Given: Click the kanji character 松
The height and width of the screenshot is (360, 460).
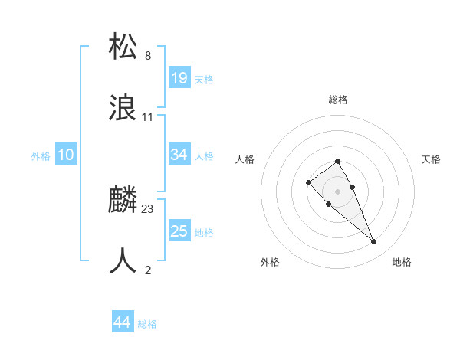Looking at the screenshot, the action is point(123,47).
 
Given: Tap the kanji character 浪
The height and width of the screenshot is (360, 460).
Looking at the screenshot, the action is point(123,108).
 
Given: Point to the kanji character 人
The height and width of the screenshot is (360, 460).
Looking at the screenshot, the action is point(123,261).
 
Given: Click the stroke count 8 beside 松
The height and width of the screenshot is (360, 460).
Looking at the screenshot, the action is point(148,56).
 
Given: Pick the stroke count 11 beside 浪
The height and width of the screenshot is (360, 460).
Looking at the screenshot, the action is point(148,117).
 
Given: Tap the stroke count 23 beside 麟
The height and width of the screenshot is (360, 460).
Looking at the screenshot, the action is point(148,208).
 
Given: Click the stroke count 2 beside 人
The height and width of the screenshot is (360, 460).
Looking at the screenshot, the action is point(148,270).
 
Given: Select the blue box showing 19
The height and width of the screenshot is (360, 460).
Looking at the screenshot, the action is point(179,77).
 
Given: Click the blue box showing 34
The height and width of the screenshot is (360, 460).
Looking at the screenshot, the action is point(179,155).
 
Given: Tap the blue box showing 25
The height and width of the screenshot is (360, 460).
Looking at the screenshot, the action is point(179,231).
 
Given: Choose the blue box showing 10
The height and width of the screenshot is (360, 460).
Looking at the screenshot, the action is point(66,155).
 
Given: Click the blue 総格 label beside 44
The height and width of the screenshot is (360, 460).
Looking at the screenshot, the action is point(147,324).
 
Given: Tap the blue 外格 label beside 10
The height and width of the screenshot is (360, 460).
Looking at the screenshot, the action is point(41,156).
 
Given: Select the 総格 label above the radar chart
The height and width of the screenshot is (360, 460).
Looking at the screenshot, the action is point(338,100).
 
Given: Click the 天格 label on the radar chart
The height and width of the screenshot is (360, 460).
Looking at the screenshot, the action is point(432,159).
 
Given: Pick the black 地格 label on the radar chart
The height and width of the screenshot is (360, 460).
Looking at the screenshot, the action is point(402,262).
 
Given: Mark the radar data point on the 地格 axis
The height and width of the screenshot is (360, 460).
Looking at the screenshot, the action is point(374,242).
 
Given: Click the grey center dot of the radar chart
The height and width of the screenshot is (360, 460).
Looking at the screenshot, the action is point(338,191).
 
